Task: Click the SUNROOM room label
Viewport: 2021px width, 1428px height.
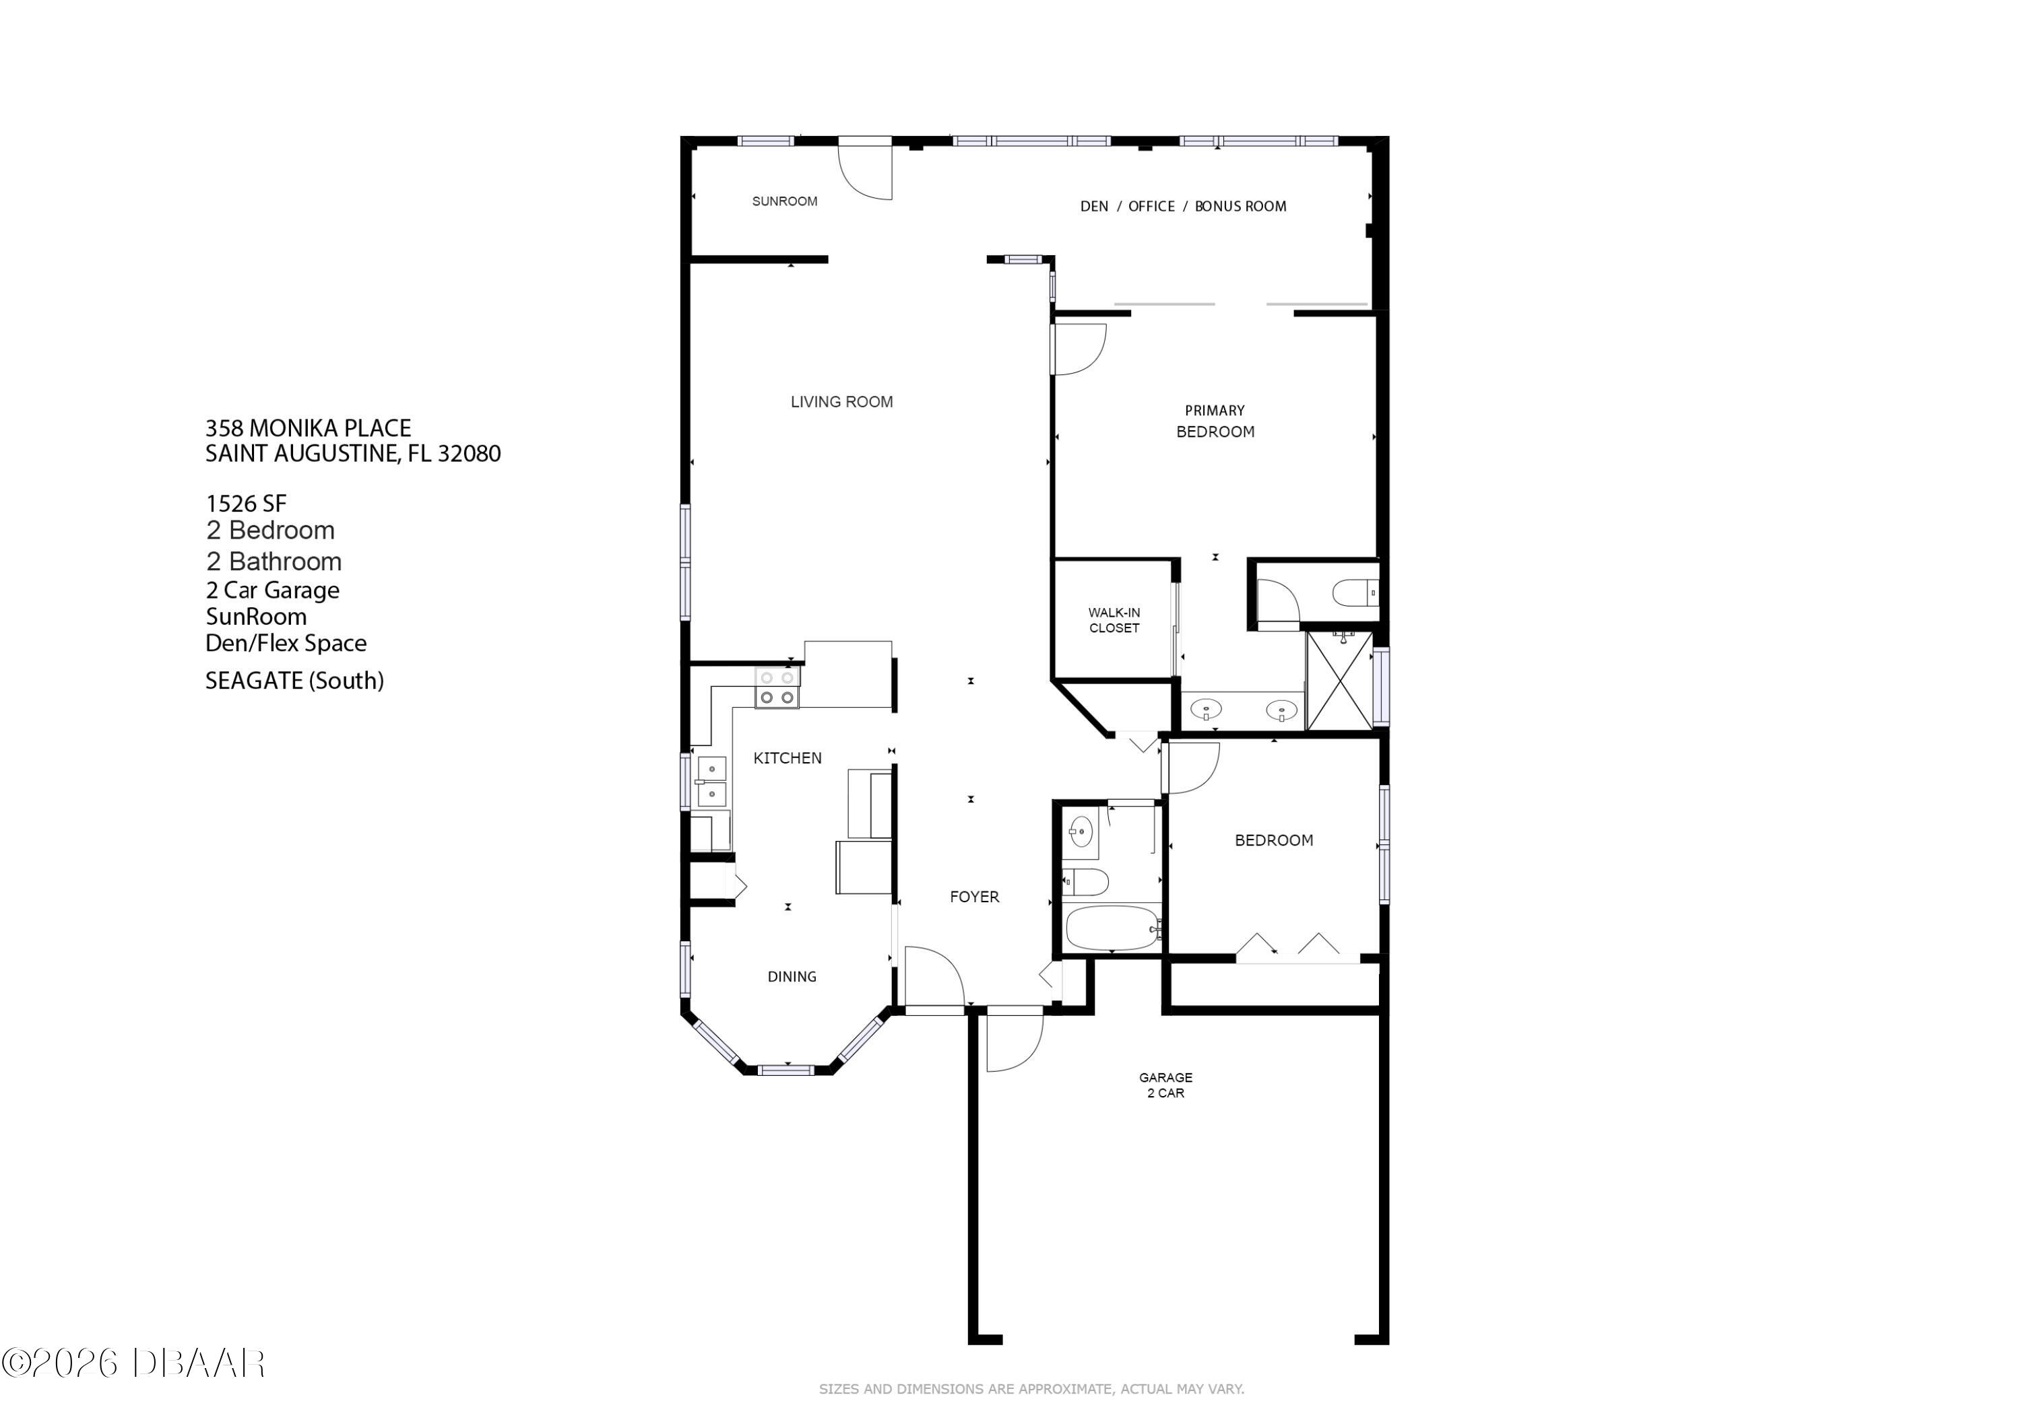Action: tap(784, 201)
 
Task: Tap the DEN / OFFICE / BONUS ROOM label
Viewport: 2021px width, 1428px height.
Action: tap(1182, 207)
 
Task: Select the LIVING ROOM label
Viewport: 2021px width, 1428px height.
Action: tap(841, 402)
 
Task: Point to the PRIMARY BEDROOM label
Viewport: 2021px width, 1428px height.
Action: tap(1215, 421)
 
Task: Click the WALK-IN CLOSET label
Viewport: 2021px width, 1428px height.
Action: tap(1114, 620)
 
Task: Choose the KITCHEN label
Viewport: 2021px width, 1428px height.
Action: tap(787, 758)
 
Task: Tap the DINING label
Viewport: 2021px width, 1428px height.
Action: tap(792, 977)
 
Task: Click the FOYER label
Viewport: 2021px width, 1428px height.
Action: tap(973, 897)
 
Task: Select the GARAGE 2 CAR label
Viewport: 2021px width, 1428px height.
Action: tap(1165, 1085)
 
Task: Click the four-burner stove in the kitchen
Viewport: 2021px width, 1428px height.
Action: tap(777, 688)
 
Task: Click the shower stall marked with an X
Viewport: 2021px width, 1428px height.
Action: tap(1338, 681)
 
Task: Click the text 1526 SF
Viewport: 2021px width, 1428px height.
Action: tap(246, 504)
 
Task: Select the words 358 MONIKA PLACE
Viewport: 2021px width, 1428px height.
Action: tap(308, 428)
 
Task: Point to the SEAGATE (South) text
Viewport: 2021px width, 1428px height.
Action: tap(294, 681)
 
